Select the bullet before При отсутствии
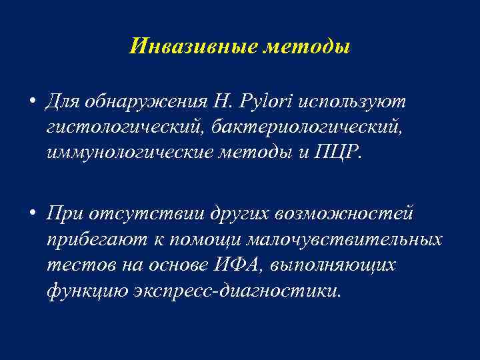[x=32, y=213]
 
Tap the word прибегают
[x=91, y=239]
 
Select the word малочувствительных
[x=343, y=239]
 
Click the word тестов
[x=75, y=264]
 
